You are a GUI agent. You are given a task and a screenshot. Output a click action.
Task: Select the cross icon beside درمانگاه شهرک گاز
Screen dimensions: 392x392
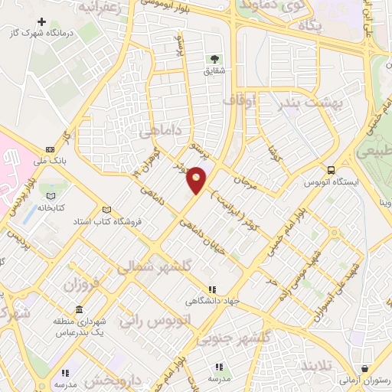[41, 21]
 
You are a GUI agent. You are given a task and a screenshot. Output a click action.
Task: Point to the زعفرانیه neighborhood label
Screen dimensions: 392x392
[100, 8]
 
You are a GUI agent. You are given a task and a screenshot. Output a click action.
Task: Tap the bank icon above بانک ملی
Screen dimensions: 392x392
[51, 149]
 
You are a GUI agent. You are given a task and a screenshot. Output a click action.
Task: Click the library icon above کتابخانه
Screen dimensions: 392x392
[41, 185]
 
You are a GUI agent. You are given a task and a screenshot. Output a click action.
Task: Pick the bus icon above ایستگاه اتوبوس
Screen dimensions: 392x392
[331, 170]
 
